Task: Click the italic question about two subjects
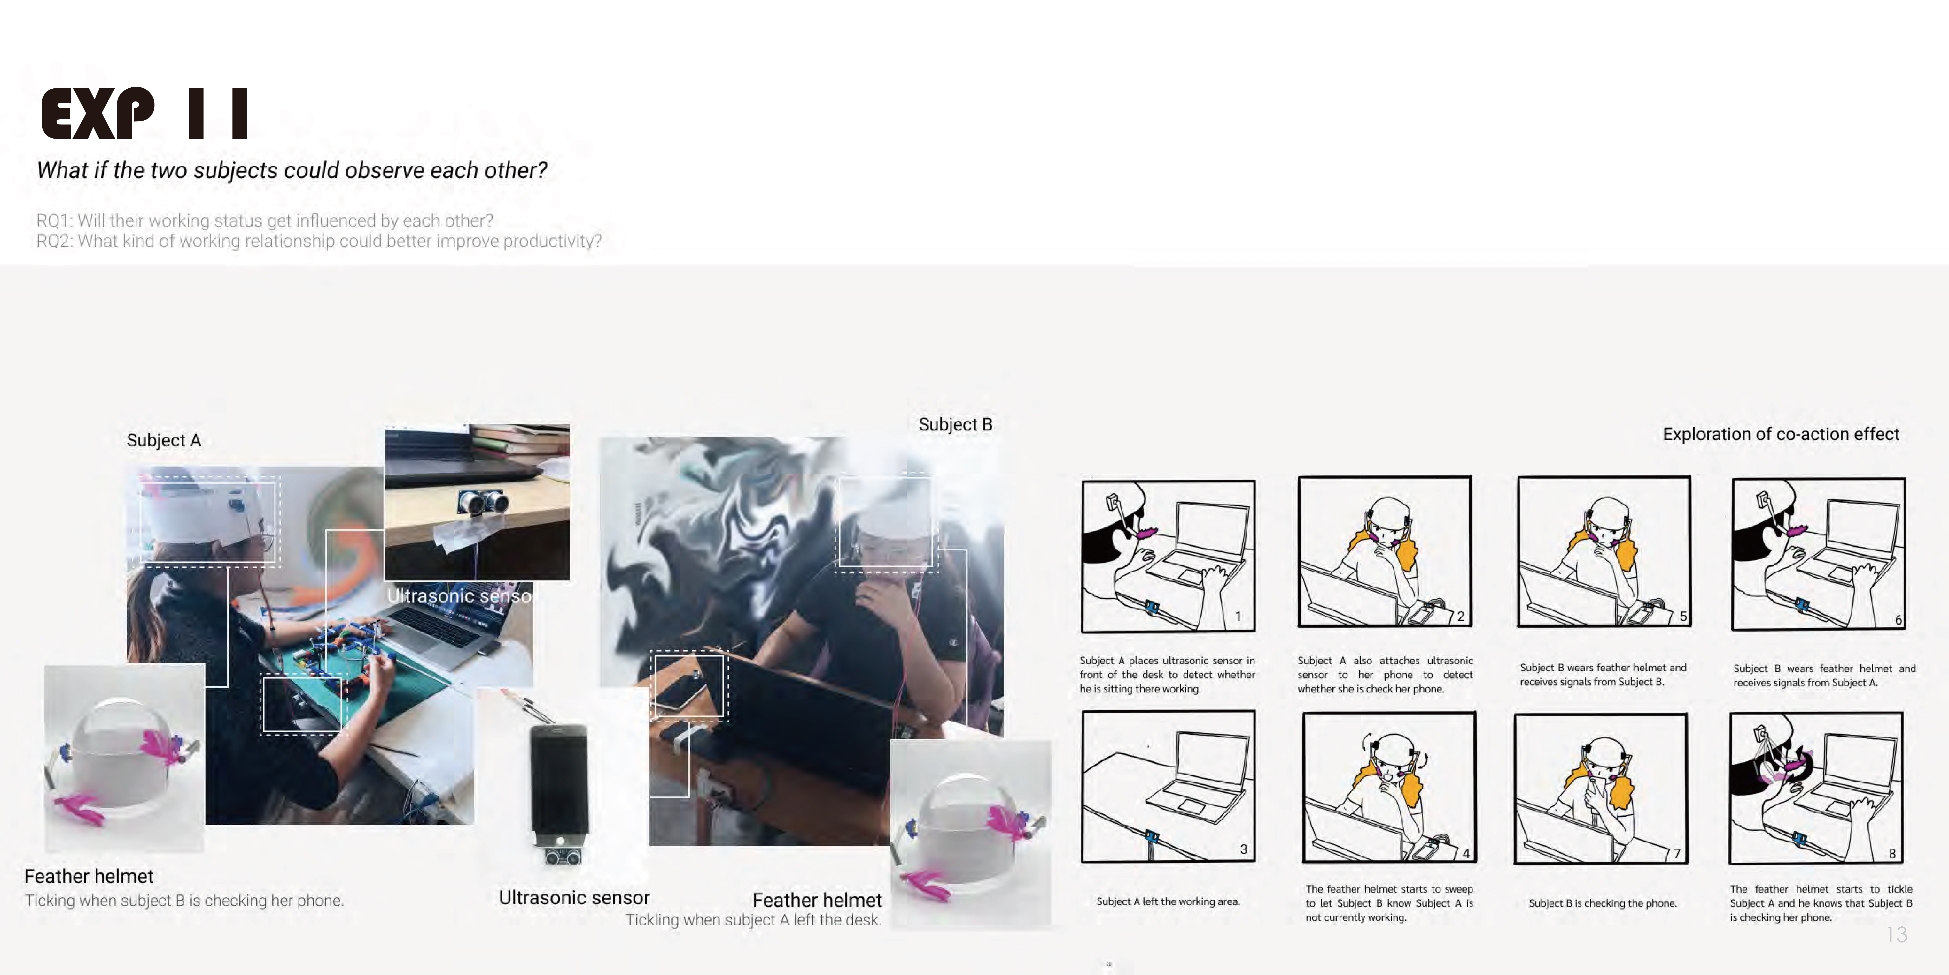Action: [292, 170]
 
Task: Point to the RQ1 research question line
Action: [265, 220]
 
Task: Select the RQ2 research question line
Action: [319, 241]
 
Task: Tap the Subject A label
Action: [163, 441]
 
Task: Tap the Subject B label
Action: [955, 425]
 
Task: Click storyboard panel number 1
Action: [1168, 557]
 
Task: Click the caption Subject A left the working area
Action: [1168, 902]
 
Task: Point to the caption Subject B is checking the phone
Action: [1603, 903]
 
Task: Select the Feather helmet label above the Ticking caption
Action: [89, 876]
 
